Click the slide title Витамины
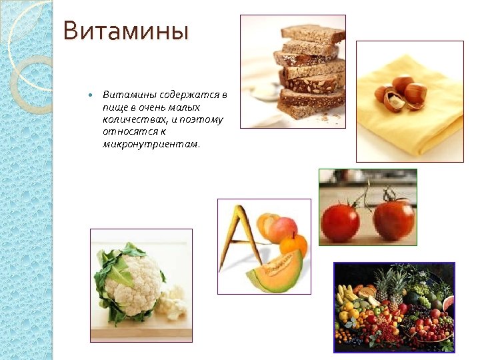click(x=126, y=31)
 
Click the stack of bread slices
click(x=311, y=70)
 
